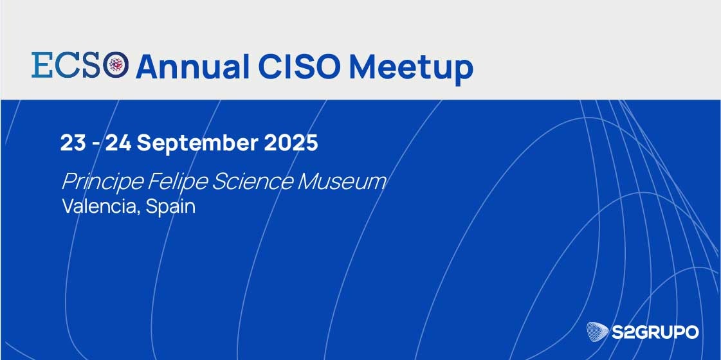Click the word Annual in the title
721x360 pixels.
(192, 67)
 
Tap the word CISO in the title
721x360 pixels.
(299, 67)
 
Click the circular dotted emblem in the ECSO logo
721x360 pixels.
(115, 64)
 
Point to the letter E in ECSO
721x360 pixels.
(41, 64)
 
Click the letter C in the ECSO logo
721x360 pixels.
(64, 64)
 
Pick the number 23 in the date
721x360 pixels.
(73, 143)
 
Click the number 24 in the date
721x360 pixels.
(118, 143)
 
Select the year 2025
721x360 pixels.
(291, 143)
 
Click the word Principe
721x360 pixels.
(102, 183)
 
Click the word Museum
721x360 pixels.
(342, 182)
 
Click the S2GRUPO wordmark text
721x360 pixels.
(655, 332)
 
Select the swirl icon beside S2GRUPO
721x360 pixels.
(598, 332)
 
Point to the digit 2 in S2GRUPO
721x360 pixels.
(630, 332)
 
